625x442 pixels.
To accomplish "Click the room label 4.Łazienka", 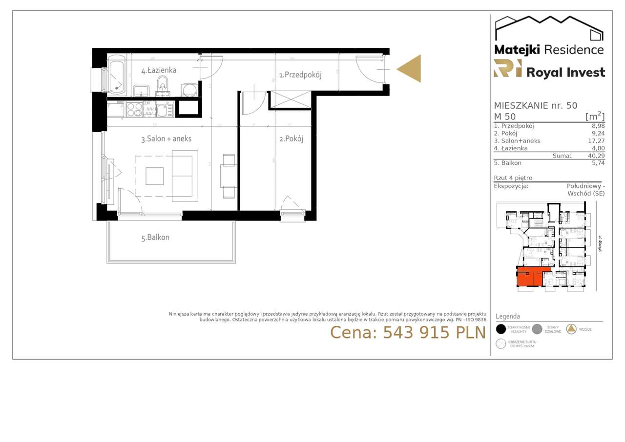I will (159, 71).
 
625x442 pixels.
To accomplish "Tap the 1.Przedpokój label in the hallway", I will (300, 75).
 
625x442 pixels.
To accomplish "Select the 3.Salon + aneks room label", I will (166, 139).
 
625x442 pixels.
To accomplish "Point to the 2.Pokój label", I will (291, 139).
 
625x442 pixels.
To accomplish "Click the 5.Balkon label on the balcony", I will (155, 238).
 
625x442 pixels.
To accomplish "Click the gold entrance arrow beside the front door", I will (410, 69).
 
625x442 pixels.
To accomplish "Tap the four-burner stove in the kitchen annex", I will (134, 109).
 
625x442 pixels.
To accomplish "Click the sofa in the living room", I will (185, 176).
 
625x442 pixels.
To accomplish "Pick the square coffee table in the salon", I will (155, 176).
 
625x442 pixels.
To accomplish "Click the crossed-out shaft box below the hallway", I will (290, 100).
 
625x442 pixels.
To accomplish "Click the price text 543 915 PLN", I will (408, 332).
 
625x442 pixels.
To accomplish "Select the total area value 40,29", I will (596, 156).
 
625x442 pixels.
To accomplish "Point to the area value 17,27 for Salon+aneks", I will (596, 141).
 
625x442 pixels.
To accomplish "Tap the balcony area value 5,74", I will (598, 163).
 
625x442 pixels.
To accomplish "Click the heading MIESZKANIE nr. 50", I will (535, 105).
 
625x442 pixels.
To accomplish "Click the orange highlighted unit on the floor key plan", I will (530, 276).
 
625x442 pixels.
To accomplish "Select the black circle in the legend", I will (501, 329).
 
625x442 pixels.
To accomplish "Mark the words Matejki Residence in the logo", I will (549, 50).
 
